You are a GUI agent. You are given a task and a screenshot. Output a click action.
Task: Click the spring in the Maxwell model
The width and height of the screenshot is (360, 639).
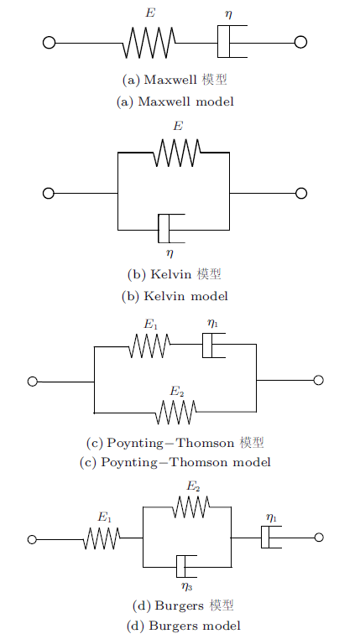coord(149,43)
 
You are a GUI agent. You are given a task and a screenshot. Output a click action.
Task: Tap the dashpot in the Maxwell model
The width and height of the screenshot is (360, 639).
coord(232,42)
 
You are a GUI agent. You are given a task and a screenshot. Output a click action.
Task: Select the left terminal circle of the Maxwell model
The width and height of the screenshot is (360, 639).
coord(49,43)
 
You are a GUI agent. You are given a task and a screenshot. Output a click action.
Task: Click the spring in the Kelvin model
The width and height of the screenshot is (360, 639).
coord(177,153)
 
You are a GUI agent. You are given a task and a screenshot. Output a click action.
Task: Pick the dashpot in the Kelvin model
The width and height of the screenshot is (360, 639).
coord(171,229)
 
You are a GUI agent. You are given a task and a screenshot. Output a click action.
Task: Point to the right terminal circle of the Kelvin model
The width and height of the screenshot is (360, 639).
coord(301,193)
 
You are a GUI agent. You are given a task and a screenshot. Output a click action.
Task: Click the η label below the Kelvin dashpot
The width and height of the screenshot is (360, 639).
coord(170,253)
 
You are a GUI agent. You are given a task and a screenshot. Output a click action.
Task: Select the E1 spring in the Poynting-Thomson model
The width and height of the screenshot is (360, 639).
coord(149,345)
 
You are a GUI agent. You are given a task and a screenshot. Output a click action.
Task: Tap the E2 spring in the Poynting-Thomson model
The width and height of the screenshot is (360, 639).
coord(176,412)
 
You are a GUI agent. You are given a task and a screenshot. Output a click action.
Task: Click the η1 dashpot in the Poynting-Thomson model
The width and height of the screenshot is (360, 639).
coord(214,345)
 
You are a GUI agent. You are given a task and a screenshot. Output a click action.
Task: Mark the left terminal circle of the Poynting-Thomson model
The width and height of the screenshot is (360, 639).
coord(33,382)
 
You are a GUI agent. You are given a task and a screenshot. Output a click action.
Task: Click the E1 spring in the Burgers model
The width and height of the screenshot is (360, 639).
coord(102,538)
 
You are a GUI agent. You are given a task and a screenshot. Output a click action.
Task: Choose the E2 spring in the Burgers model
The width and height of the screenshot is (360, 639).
coord(191,507)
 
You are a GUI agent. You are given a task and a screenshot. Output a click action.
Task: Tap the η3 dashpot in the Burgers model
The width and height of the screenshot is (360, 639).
coord(186,566)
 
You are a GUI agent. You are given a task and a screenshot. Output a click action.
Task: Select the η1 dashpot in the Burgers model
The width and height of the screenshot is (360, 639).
coord(271,538)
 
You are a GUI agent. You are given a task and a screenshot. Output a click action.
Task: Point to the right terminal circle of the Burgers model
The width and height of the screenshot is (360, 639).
coord(319,538)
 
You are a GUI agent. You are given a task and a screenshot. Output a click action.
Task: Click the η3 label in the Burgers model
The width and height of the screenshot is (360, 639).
coord(187,587)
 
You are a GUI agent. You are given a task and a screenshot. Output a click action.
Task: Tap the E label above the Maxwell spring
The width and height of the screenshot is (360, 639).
coord(150,13)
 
